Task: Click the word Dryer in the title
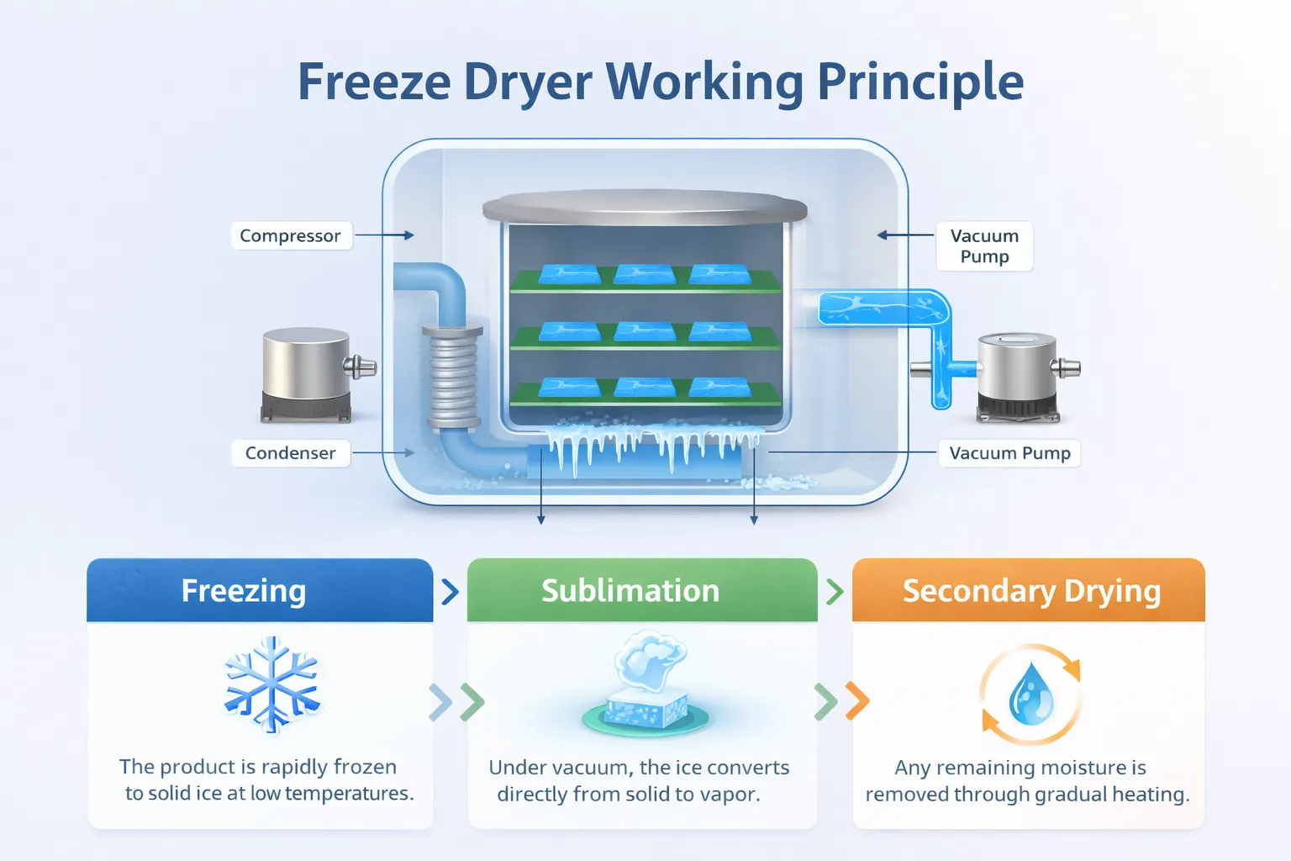tap(528, 82)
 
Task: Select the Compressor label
tap(290, 235)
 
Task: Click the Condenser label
tap(290, 453)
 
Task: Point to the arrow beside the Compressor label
tap(385, 235)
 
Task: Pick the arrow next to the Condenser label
tap(384, 453)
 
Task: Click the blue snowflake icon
tap(271, 683)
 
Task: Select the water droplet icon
tap(1030, 695)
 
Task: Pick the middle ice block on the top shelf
tap(645, 274)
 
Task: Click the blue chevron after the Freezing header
tap(451, 591)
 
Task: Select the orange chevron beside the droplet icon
tap(857, 701)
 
